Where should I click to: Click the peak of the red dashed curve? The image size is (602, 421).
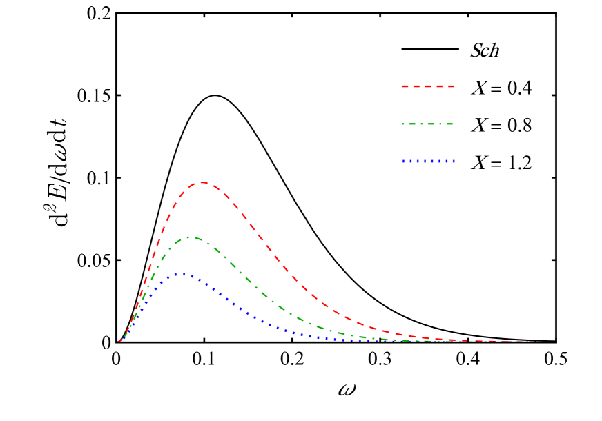click(x=203, y=183)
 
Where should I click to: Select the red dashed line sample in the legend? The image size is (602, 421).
click(x=428, y=86)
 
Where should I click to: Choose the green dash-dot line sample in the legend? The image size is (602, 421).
click(x=428, y=124)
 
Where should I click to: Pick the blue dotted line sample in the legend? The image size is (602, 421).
click(x=428, y=161)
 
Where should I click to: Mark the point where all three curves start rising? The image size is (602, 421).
click(x=119, y=341)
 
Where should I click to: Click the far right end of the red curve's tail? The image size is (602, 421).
click(x=552, y=341)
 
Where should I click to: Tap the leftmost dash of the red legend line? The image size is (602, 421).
click(x=406, y=86)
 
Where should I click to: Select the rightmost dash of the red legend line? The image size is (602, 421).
click(x=449, y=86)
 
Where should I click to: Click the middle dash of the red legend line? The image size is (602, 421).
click(x=428, y=86)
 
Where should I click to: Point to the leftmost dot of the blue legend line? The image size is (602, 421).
click(x=404, y=161)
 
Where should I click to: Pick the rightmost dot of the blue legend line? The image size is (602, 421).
click(x=454, y=161)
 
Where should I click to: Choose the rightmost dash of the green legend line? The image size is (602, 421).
click(x=447, y=124)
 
